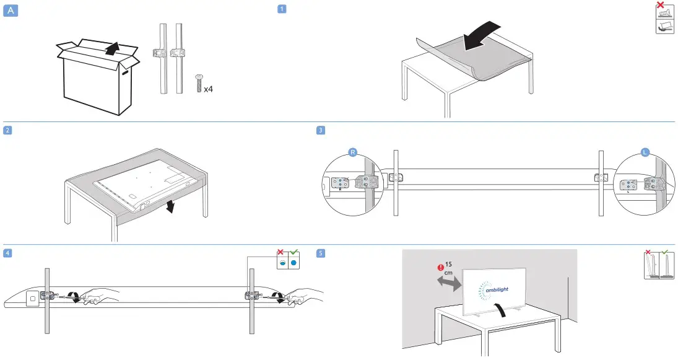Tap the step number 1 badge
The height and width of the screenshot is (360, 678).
pyautogui.click(x=282, y=9)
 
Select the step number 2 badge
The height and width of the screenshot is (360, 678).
pyautogui.click(x=7, y=130)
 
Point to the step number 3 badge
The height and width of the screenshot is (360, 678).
pyautogui.click(x=319, y=130)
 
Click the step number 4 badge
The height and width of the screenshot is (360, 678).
pyautogui.click(x=7, y=253)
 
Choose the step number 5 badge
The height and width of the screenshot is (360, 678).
pyautogui.click(x=319, y=253)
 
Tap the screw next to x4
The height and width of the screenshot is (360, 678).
pyautogui.click(x=199, y=82)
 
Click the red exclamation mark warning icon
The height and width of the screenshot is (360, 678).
pyautogui.click(x=440, y=268)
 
